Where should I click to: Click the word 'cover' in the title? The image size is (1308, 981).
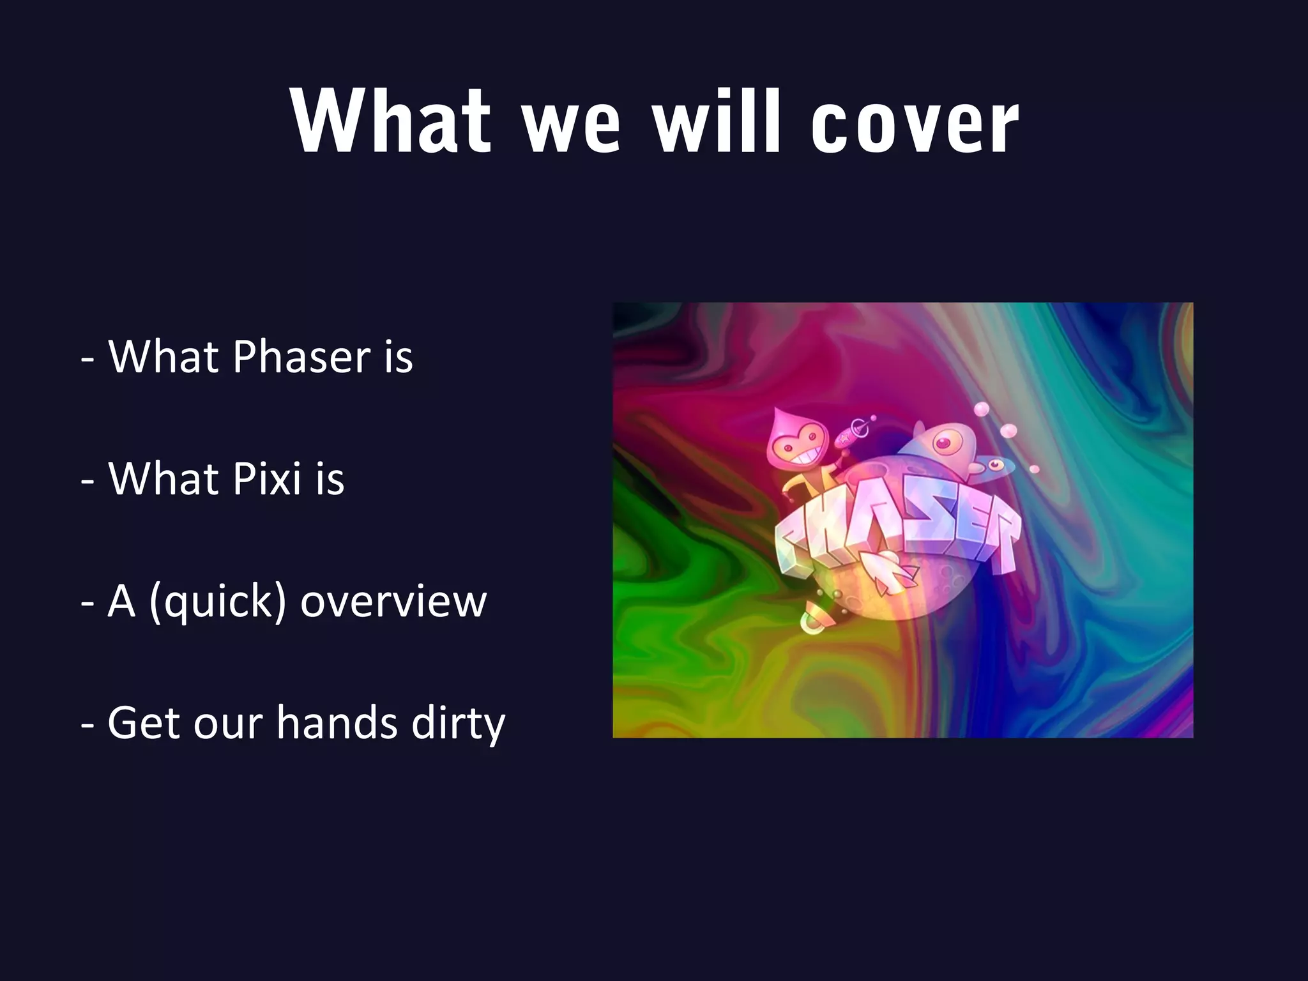(915, 123)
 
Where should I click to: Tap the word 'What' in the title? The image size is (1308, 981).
(391, 121)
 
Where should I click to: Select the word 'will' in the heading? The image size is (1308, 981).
(717, 121)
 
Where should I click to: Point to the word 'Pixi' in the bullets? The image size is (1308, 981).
(267, 478)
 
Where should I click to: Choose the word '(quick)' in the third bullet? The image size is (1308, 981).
(217, 602)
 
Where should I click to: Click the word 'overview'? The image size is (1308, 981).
(393, 602)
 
